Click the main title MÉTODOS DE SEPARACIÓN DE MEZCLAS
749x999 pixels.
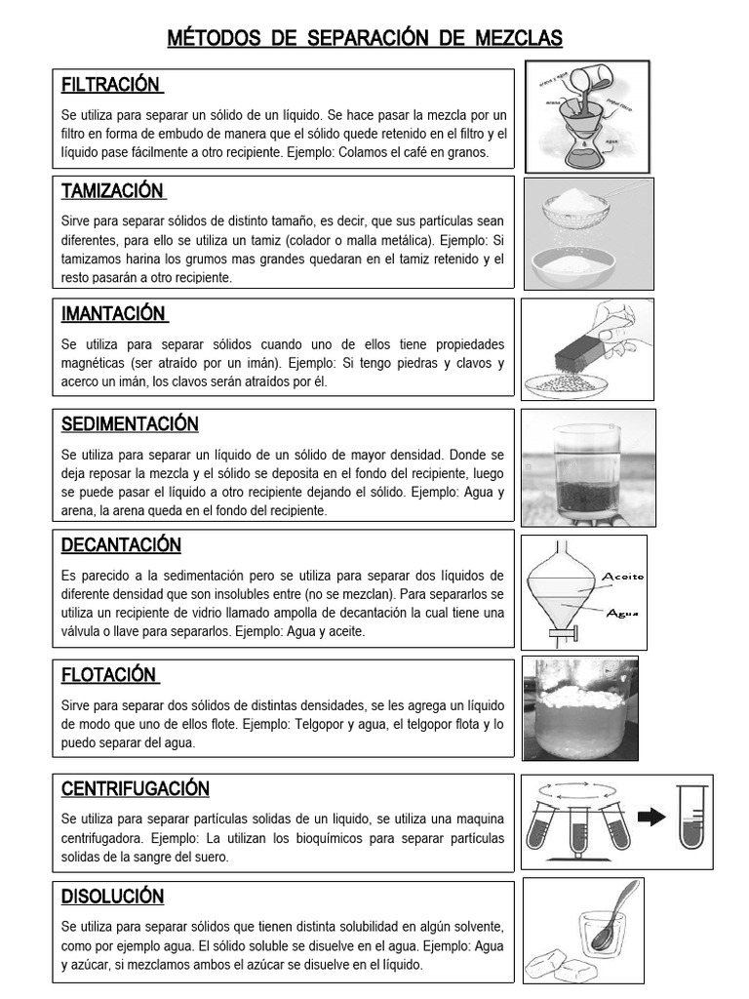click(365, 39)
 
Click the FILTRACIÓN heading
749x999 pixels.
click(111, 85)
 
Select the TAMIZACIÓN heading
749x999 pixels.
click(113, 190)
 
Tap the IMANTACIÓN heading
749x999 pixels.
click(114, 313)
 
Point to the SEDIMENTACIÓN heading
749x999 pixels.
click(130, 423)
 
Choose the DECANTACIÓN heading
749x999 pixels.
click(121, 544)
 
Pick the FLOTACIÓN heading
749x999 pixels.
click(109, 674)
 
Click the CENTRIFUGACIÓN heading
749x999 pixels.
click(136, 787)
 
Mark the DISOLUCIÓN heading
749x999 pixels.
click(112, 896)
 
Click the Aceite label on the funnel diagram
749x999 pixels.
click(622, 576)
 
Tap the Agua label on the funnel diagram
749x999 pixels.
click(621, 614)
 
